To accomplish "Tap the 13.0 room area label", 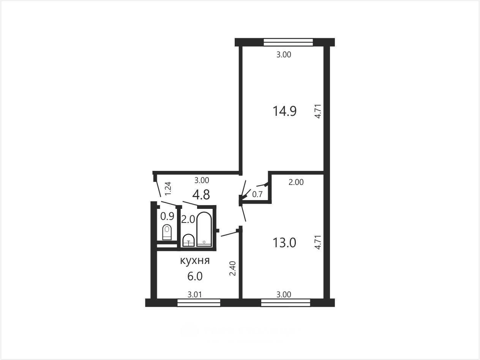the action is pos(284,243).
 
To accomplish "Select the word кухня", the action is pos(195,261).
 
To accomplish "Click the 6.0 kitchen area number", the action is pos(195,276).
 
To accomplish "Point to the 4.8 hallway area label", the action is pos(201,194).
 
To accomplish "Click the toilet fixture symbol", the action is pos(167,232).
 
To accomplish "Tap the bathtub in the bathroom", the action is pos(204,229).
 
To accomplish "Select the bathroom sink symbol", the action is pos(188,240).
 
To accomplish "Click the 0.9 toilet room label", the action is pos(167,216).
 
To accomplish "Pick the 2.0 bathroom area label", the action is pos(188,219).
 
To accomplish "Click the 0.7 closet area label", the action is pos(257,194).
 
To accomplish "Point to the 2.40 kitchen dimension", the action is pos(233,268).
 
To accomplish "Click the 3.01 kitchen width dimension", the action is pos(195,295).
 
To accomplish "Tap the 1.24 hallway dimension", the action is pos(168,189).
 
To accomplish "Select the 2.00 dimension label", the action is pos(296,182).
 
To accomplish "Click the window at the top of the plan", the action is pos(288,42).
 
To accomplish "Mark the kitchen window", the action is pos(199,303).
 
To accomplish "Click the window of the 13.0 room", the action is pos(286,303).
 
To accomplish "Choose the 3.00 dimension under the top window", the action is pos(284,54).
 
